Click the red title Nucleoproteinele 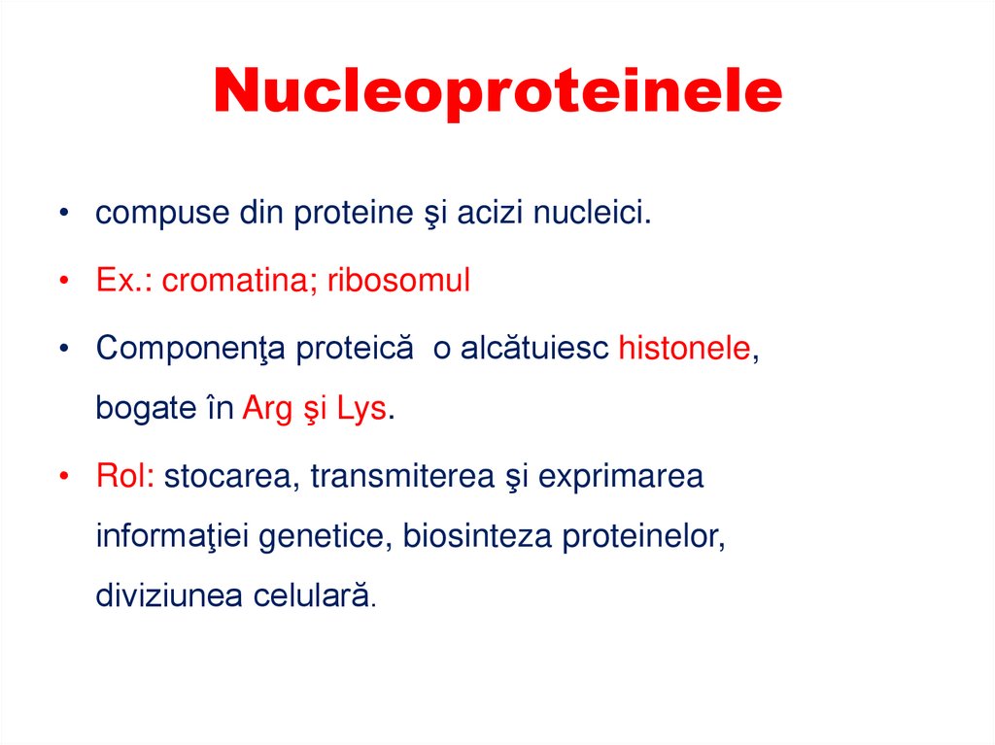pos(497,92)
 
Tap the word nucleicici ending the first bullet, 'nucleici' pos(591,215)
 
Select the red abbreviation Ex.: pos(124,282)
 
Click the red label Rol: pos(125,477)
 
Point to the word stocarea pos(231,477)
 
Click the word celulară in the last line pos(312,595)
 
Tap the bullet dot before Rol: pos(62,477)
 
